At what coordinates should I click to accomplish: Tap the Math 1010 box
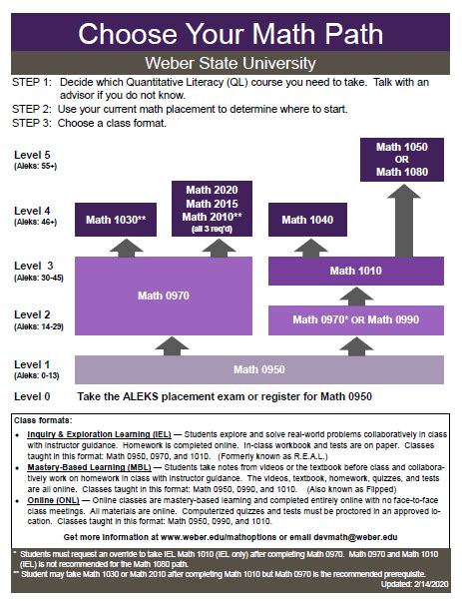355,270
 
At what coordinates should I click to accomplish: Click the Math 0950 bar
258,370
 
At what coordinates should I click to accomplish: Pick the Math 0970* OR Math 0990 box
355,319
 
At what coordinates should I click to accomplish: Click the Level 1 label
33,363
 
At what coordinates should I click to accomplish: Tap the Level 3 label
34,265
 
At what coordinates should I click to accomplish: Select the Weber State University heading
231,62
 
